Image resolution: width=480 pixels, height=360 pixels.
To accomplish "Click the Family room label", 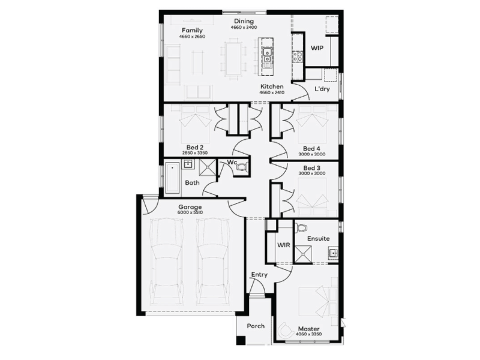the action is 192,31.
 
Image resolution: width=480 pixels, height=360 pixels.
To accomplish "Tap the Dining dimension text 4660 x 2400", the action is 244,27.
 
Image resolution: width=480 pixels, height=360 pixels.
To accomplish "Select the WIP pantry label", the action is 317,48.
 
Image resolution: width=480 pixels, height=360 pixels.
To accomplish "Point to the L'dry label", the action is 322,89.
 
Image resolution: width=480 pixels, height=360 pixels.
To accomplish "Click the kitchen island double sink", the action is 267,55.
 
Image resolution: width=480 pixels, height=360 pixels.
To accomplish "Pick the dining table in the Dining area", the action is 233,59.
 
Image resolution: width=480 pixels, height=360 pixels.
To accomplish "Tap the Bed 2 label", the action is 195,148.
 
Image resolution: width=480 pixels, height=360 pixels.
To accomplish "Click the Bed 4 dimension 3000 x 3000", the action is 312,154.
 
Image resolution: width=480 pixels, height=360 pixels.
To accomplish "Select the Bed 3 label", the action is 312,168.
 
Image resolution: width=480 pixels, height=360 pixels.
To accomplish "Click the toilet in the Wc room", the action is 242,167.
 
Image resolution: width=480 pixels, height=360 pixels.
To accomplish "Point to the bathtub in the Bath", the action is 172,178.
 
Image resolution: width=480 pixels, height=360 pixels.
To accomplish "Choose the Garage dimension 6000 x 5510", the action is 190,212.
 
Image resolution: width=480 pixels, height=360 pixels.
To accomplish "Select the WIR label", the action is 283,245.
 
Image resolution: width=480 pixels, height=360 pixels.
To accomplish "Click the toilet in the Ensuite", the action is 302,227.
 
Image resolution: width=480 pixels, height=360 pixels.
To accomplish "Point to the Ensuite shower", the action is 304,254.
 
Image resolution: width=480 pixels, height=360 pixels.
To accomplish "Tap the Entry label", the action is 259,275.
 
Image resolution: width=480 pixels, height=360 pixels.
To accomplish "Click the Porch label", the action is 256,326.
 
